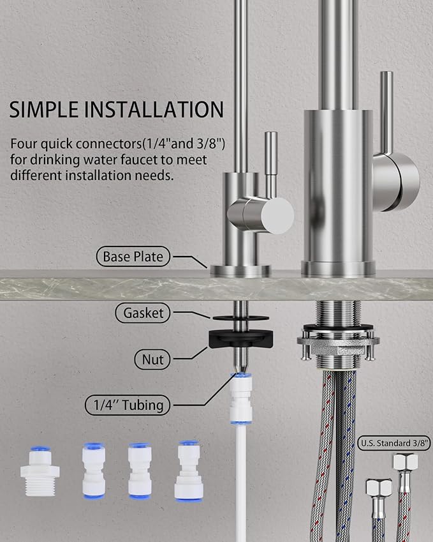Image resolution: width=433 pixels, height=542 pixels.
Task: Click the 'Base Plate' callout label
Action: tap(133, 257)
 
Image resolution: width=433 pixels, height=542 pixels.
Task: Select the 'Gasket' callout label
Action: tap(144, 313)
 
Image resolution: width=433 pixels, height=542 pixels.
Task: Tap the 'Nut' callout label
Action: tap(152, 359)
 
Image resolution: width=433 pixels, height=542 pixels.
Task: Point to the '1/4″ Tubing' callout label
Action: tap(129, 404)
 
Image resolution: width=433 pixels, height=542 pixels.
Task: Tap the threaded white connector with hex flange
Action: tap(40, 472)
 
